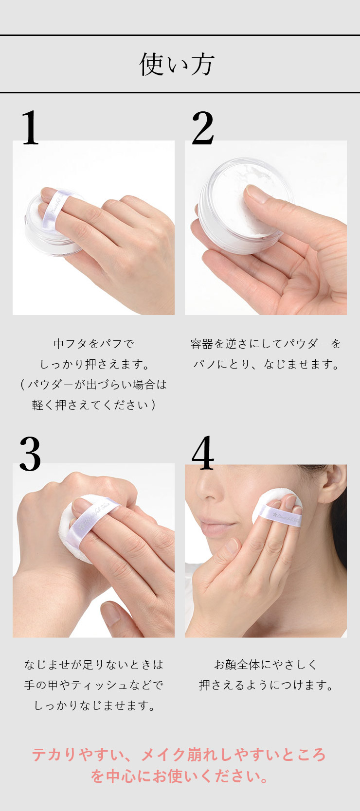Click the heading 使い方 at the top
[177, 65]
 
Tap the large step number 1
[31, 127]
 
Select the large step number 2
[203, 127]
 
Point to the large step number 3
[30, 453]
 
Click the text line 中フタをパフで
[94, 344]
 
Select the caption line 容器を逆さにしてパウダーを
[266, 344]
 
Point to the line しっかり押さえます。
[94, 364]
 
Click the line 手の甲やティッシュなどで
[94, 685]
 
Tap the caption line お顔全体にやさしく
[266, 665]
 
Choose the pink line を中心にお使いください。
[180, 776]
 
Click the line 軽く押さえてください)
[94, 405]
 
